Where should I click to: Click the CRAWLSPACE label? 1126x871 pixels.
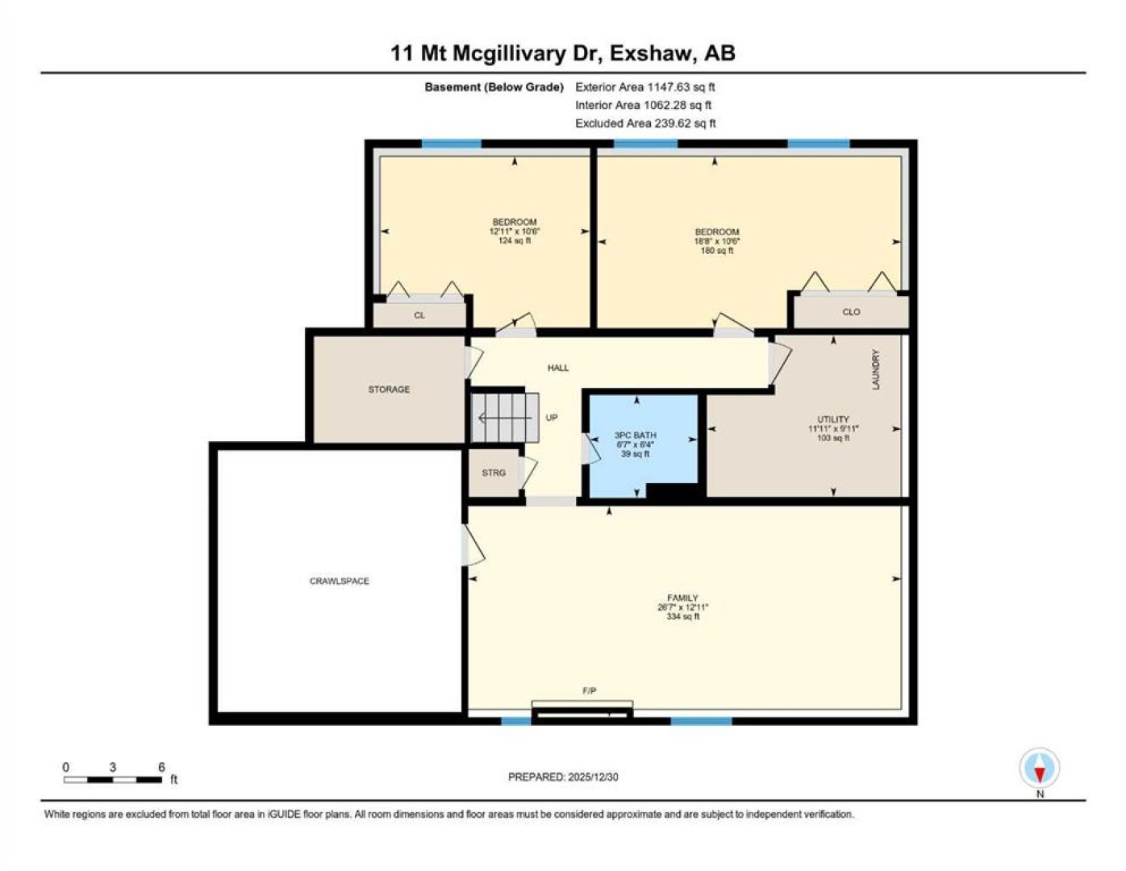click(x=340, y=581)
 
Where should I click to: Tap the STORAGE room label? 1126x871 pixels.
click(x=389, y=389)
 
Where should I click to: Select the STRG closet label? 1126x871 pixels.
click(x=494, y=473)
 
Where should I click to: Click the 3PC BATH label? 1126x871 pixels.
click(x=636, y=435)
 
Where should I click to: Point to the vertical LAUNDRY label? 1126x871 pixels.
click(x=876, y=369)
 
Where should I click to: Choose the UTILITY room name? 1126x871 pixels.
click(x=833, y=419)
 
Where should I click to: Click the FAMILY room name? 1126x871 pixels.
click(x=682, y=598)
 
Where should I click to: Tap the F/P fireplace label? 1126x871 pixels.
click(x=589, y=690)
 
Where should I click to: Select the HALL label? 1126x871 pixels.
click(x=558, y=368)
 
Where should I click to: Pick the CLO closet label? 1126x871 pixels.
click(x=852, y=312)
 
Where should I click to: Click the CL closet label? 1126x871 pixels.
click(x=419, y=315)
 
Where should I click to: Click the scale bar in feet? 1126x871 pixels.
click(x=113, y=779)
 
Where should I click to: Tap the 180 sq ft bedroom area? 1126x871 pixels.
click(x=717, y=251)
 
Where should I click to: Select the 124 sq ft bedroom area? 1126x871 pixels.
click(x=515, y=241)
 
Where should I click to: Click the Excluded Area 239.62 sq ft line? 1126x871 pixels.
click(x=645, y=123)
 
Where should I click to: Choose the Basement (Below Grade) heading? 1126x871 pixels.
click(x=494, y=88)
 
